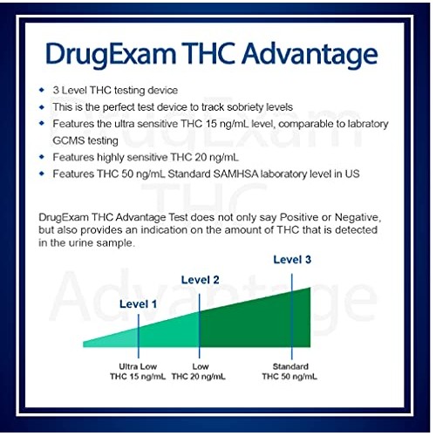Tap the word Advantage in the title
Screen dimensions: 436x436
pyautogui.click(x=307, y=55)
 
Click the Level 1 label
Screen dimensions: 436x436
pyautogui.click(x=138, y=304)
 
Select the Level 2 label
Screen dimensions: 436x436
pyautogui.click(x=200, y=279)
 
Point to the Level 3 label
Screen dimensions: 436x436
pyautogui.click(x=291, y=259)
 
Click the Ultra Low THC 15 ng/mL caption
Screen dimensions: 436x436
pyautogui.click(x=138, y=371)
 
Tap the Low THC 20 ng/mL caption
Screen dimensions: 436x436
pyautogui.click(x=199, y=371)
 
